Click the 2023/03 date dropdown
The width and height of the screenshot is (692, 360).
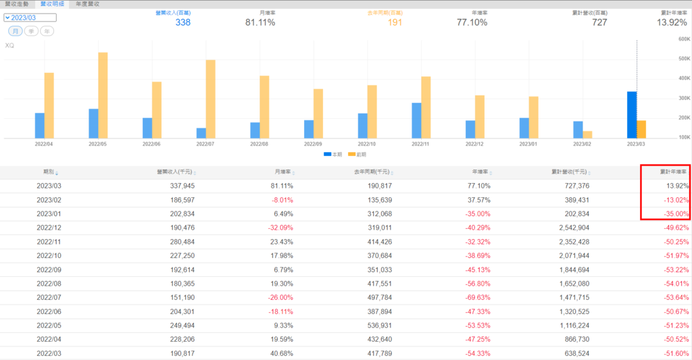point(29,17)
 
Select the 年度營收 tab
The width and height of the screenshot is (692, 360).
point(88,4)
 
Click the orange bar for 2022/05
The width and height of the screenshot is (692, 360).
point(103,95)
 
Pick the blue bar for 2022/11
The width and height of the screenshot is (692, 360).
point(416,120)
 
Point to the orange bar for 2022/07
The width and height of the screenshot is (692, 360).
point(211,99)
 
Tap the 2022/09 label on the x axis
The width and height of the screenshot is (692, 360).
point(314,144)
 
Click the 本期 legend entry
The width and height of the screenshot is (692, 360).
point(333,155)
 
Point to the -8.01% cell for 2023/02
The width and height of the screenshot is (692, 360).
point(281,200)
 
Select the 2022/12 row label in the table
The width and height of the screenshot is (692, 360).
point(49,228)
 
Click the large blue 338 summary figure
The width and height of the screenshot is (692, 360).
point(182,22)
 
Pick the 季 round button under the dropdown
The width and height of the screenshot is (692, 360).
point(31,31)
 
